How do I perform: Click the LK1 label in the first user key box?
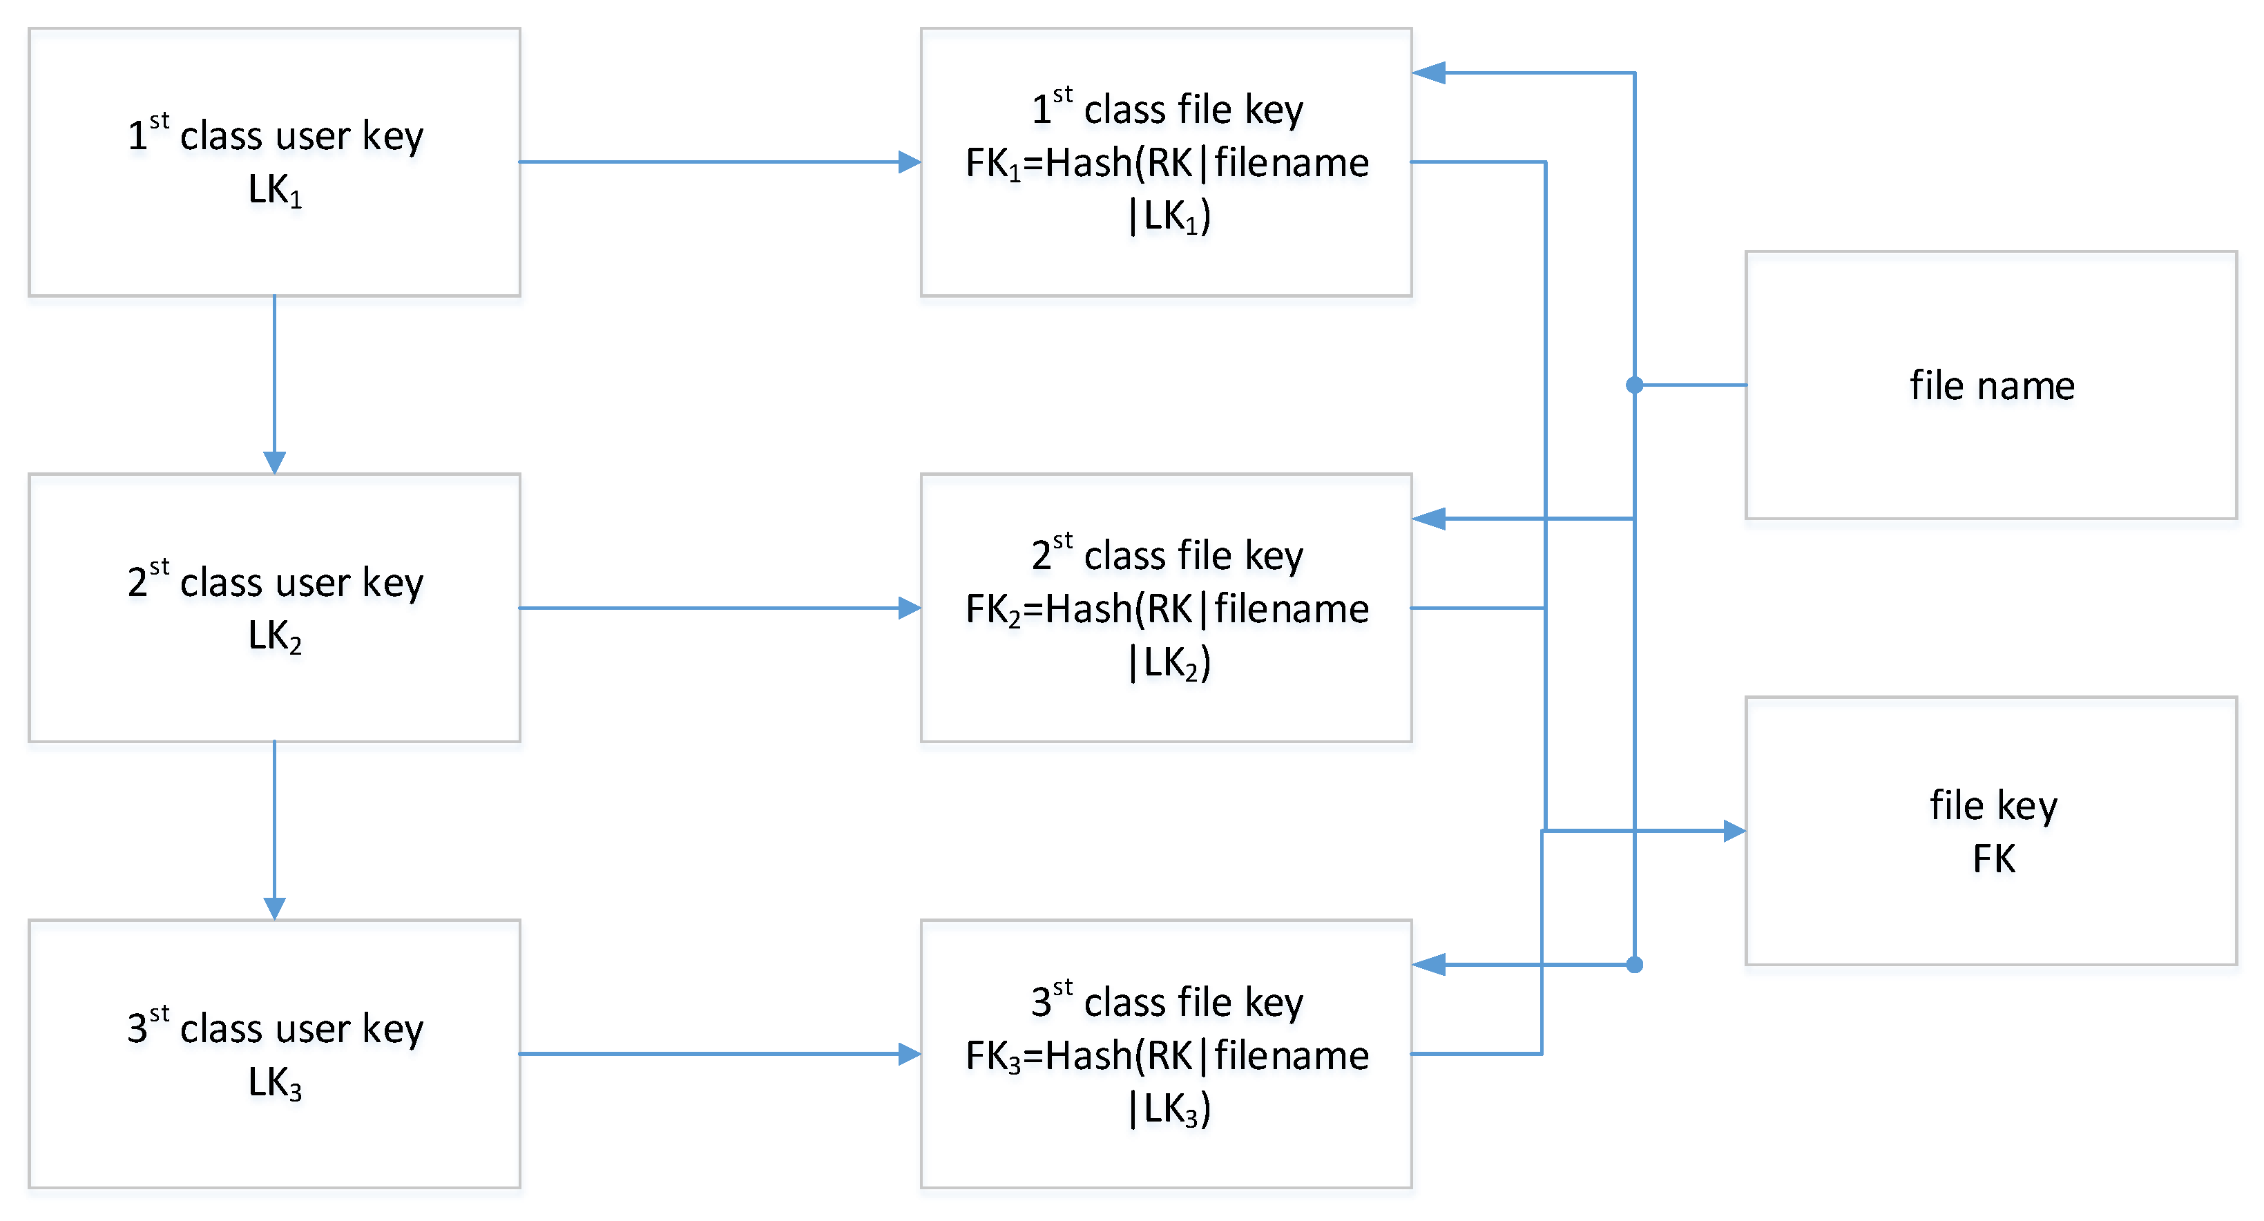(x=274, y=190)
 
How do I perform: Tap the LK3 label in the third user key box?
(x=274, y=1082)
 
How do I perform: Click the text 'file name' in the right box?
(x=1992, y=386)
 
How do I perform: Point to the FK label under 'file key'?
(x=1993, y=859)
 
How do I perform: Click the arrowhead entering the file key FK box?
(x=1733, y=831)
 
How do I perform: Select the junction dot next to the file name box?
(x=1635, y=385)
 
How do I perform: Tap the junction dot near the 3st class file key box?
(x=1635, y=965)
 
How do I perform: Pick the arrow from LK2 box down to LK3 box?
(x=274, y=830)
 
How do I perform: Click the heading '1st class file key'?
(x=1167, y=109)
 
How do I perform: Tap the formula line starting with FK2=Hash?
(x=1167, y=608)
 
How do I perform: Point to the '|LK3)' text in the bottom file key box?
(x=1169, y=1108)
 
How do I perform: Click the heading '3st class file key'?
(x=1167, y=1001)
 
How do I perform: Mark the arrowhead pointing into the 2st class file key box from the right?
(x=1429, y=519)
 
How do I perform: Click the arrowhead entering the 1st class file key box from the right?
(x=1429, y=73)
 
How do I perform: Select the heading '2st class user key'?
(x=275, y=582)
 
